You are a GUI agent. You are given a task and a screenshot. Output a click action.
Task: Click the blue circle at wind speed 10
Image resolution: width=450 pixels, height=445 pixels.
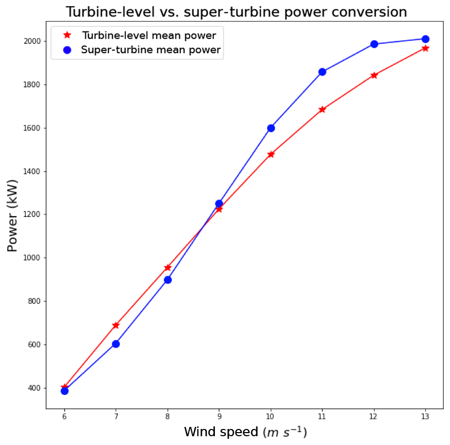click(x=271, y=128)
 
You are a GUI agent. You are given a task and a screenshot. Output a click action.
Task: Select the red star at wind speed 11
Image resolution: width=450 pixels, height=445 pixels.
click(x=322, y=110)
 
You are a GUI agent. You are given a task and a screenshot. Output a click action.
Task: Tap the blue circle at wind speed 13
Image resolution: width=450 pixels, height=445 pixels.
click(x=425, y=39)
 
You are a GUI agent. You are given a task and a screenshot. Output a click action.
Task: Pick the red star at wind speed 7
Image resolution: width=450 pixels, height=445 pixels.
click(x=116, y=325)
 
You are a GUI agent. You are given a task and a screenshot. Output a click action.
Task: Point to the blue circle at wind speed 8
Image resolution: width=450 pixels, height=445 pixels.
click(x=167, y=280)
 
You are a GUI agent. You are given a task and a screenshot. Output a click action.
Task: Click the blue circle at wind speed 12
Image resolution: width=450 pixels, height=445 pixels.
click(x=374, y=44)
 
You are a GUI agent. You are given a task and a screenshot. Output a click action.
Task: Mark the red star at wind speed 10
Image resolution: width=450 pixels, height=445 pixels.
click(x=271, y=154)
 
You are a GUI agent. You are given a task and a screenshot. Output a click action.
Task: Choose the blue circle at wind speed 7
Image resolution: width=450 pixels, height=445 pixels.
click(x=116, y=344)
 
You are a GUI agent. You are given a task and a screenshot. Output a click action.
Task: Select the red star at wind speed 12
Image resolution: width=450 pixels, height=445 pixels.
click(x=374, y=75)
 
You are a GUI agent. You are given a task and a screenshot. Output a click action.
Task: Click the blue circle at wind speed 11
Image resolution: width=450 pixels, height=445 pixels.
click(x=322, y=72)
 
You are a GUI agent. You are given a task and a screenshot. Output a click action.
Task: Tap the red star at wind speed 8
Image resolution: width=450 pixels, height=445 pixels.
click(x=167, y=268)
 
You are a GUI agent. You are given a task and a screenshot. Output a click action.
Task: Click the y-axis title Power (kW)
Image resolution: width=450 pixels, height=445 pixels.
click(x=13, y=216)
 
